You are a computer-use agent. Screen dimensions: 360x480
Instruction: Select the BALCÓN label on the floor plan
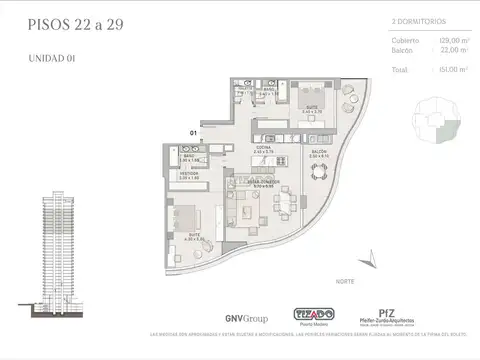[x=319, y=153]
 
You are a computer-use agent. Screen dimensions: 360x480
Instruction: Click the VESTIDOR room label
[x=190, y=173]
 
